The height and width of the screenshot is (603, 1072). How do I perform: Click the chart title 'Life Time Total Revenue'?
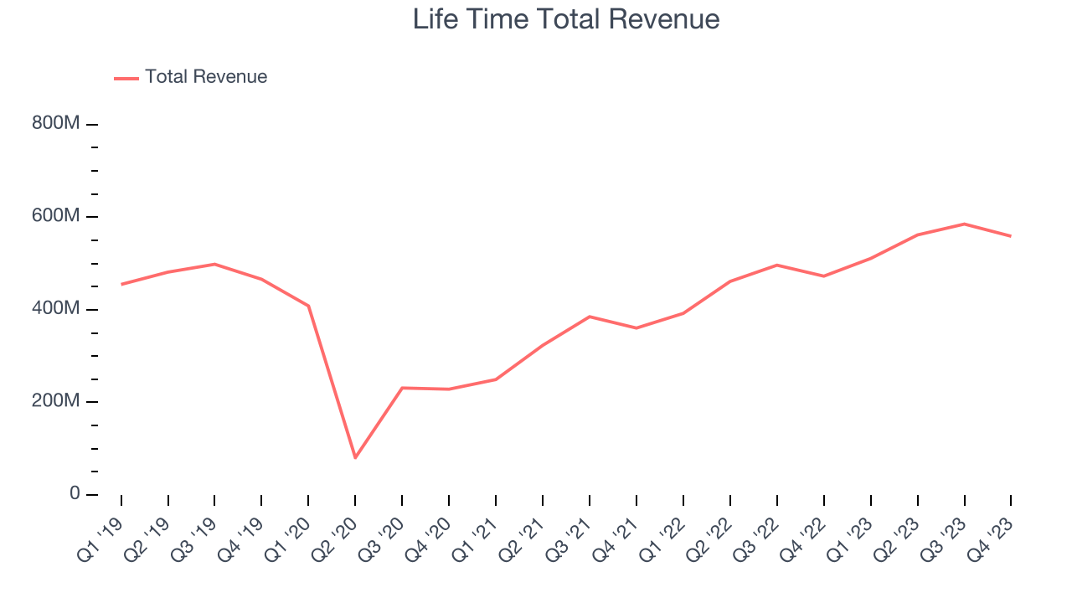pos(566,19)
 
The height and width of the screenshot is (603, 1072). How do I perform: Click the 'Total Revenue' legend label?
pos(205,77)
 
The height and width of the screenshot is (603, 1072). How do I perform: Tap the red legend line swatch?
pos(126,78)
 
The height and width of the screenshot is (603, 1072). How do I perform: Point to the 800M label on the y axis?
pos(56,124)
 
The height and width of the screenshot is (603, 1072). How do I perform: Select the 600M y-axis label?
pos(56,217)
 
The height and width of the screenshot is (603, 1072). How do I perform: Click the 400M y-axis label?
pos(56,309)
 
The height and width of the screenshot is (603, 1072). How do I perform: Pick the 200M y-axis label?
pos(56,402)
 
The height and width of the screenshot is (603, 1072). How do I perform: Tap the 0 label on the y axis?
pos(75,494)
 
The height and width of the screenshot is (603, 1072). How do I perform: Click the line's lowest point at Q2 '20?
pos(355,457)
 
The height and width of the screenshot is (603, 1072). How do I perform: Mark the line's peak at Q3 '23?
pos(964,224)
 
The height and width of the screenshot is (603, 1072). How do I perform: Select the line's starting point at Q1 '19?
pos(121,284)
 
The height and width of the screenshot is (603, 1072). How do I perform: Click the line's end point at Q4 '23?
pos(1011,236)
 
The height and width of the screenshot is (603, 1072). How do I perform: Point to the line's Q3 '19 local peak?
pos(215,264)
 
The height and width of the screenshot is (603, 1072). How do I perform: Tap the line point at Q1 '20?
pos(309,306)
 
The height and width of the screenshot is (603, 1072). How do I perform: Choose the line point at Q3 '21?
pos(590,317)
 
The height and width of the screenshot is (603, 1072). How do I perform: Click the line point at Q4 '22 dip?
pos(824,276)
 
